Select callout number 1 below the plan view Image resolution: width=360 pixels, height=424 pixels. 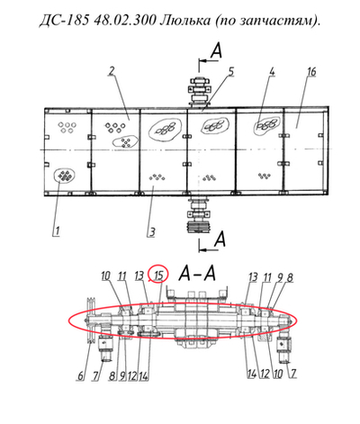click(x=56, y=230)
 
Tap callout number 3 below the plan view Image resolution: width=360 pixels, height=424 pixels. click(x=152, y=231)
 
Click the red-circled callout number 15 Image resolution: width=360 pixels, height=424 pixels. click(x=157, y=275)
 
